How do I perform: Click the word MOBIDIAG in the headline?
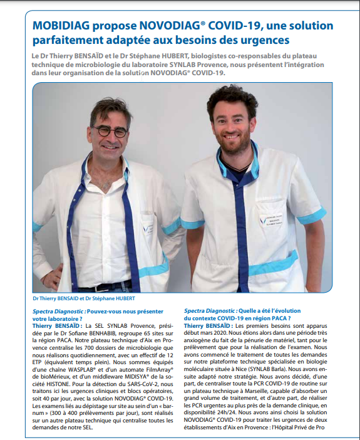(x=62, y=26)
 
